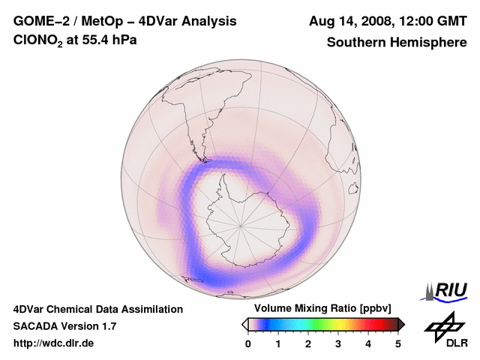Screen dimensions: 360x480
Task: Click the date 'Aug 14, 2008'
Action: pos(348,21)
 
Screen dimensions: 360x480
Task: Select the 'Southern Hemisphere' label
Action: pos(396,43)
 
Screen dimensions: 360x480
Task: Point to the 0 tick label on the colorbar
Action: pos(248,343)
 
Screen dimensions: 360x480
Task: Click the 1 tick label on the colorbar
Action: pos(278,343)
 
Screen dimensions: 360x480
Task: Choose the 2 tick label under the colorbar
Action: pos(308,343)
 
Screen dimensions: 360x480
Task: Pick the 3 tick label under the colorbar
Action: pos(338,343)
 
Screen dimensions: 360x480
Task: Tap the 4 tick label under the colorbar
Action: pos(368,343)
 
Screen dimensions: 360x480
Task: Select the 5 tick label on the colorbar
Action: pos(398,343)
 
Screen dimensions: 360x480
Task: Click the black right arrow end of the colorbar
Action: pos(402,324)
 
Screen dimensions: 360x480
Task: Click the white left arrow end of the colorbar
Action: pos(244,324)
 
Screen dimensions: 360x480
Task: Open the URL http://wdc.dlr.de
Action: pos(54,343)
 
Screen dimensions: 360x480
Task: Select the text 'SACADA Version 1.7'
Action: pos(64,326)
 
